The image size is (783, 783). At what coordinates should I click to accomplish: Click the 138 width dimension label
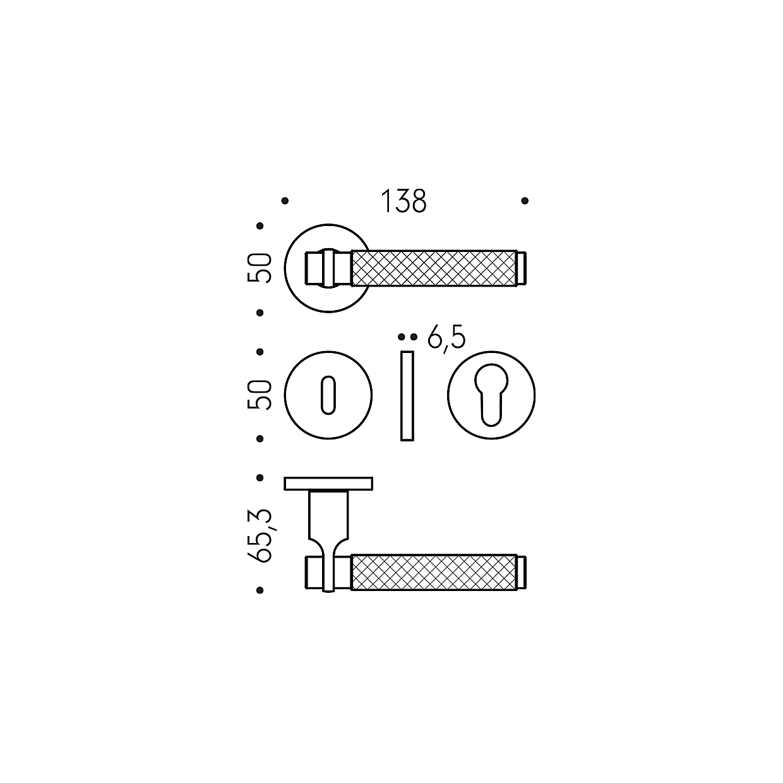coord(403,201)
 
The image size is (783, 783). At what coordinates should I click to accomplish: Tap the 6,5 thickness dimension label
coord(446,338)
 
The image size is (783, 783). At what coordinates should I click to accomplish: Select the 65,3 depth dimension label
coord(260,535)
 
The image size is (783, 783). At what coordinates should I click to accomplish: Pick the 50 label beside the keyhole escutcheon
coord(259,395)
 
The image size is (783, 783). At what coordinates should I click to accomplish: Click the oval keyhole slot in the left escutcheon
coord(328,395)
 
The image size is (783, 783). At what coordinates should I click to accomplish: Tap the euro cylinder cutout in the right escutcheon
coord(491,394)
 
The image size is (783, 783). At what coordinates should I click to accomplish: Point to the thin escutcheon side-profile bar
coord(407,396)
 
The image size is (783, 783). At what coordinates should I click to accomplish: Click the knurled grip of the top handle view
coord(434,268)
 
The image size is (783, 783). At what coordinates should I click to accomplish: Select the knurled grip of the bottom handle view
coord(434,571)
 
